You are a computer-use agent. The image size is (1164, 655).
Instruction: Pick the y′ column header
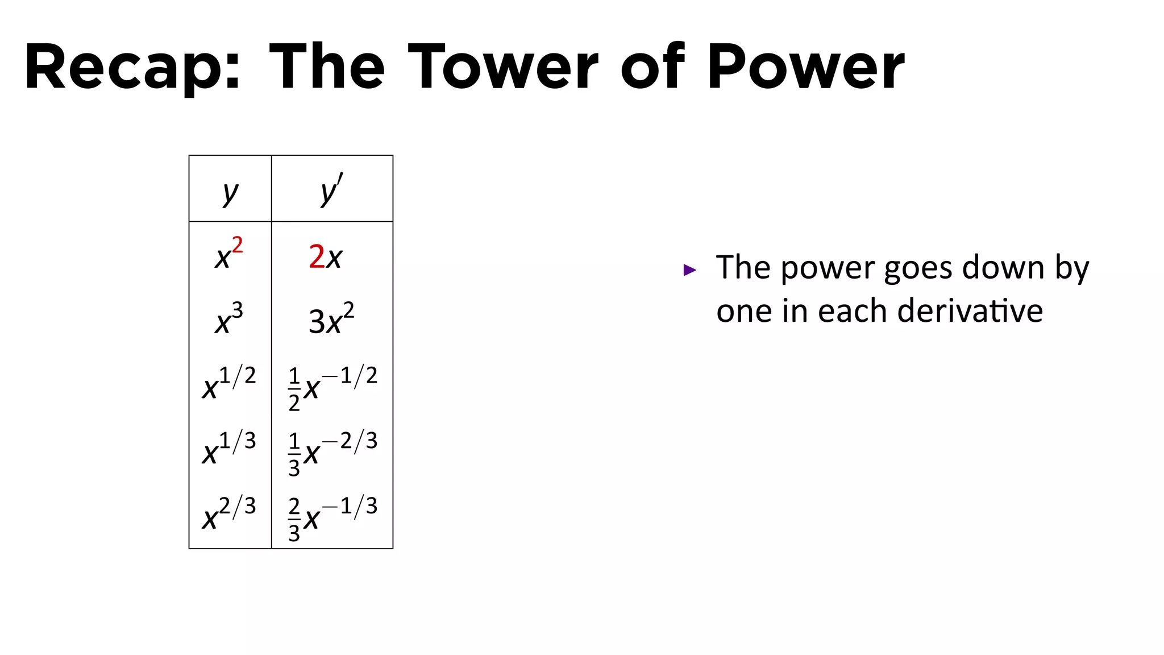[x=332, y=190]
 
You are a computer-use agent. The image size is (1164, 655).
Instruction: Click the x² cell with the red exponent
[x=229, y=254]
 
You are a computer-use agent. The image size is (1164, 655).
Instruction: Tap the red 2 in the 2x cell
[x=317, y=256]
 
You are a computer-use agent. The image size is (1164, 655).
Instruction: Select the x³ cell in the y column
[x=229, y=319]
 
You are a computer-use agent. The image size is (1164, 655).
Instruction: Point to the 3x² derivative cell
[x=331, y=319]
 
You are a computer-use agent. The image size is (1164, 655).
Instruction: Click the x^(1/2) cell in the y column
[x=229, y=384]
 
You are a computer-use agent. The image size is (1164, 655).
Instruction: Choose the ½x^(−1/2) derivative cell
[x=332, y=387]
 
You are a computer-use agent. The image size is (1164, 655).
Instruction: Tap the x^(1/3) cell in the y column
[x=229, y=449]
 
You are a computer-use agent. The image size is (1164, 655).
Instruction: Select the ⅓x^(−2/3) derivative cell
[x=332, y=452]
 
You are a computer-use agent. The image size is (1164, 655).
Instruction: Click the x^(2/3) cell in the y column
[x=229, y=515]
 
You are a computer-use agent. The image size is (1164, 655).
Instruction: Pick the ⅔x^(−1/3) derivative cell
[x=332, y=517]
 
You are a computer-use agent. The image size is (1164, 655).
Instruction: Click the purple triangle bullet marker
[x=689, y=270]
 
